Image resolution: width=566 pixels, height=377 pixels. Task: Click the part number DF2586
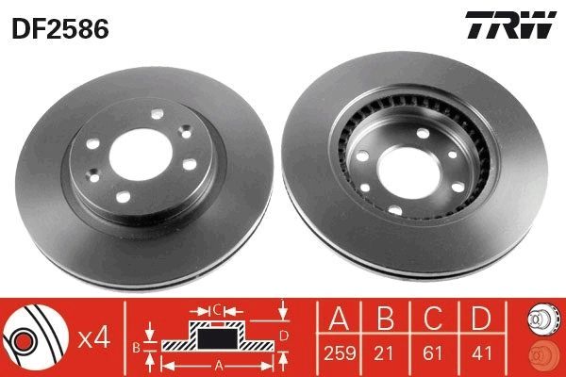pyautogui.click(x=59, y=27)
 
